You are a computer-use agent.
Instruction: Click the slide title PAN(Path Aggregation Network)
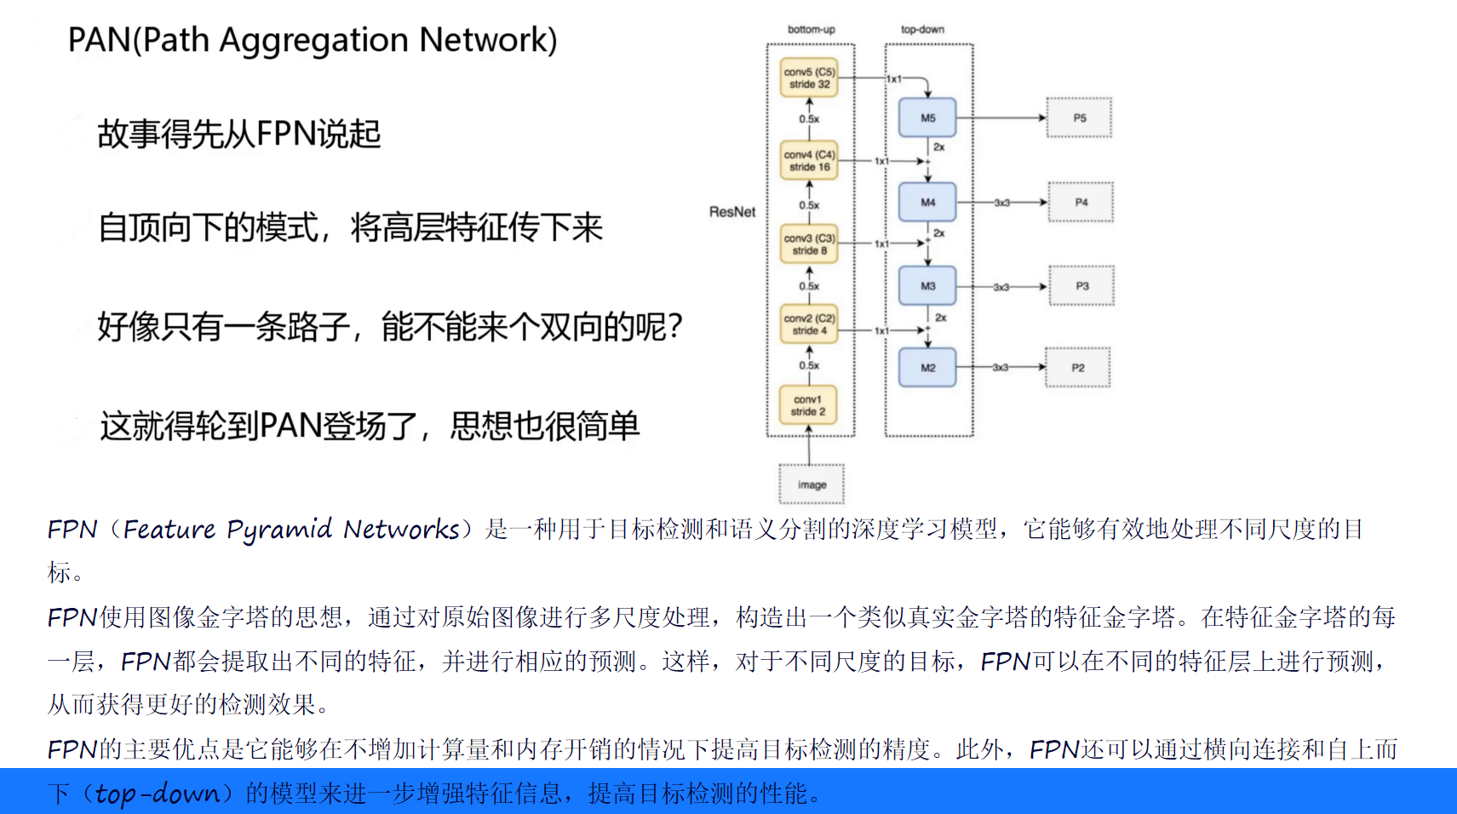click(x=312, y=40)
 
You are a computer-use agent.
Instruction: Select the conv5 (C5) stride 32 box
click(x=809, y=78)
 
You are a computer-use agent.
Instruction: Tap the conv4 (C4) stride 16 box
click(x=809, y=161)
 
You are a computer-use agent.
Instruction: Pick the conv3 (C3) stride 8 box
click(x=809, y=244)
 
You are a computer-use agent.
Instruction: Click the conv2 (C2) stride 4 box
click(x=809, y=324)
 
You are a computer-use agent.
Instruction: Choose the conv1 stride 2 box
click(x=808, y=405)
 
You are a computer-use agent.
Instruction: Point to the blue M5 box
click(x=927, y=118)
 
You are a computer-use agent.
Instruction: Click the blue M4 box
click(x=927, y=203)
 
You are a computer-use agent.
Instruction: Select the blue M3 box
click(x=927, y=286)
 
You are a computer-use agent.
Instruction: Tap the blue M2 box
click(x=927, y=368)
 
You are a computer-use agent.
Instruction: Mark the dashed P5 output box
click(x=1079, y=118)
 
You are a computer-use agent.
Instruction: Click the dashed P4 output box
click(x=1081, y=203)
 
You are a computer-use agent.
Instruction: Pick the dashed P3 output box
click(x=1081, y=286)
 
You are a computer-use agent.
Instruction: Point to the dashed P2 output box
click(x=1078, y=368)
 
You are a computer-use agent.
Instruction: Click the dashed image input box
click(x=812, y=484)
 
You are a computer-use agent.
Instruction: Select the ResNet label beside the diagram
click(x=732, y=212)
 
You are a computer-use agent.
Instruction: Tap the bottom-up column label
click(x=811, y=29)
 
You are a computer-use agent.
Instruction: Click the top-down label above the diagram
click(x=922, y=29)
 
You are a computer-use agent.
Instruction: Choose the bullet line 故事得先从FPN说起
click(x=238, y=135)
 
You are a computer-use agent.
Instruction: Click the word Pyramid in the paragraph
click(x=278, y=530)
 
